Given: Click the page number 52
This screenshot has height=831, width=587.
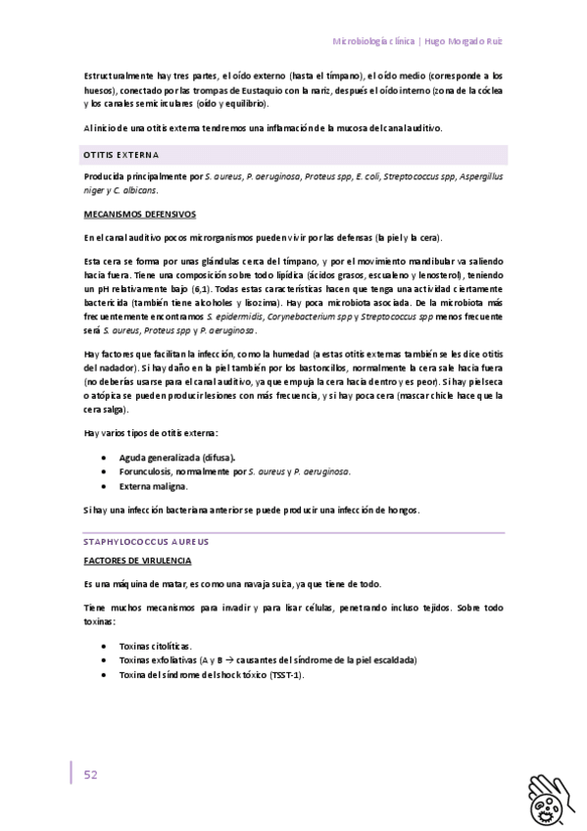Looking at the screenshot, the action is pyautogui.click(x=90, y=774).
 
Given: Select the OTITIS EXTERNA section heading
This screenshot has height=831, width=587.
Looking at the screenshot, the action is pyautogui.click(x=122, y=155).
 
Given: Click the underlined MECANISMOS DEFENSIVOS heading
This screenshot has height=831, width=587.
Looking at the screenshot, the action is pyautogui.click(x=140, y=214).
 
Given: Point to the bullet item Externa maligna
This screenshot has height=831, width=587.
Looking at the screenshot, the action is pyautogui.click(x=153, y=486).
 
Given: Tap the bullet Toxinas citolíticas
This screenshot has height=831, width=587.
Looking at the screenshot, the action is pyautogui.click(x=155, y=646).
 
